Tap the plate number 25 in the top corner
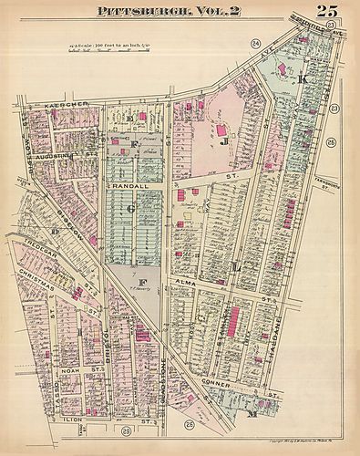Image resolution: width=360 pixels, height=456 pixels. click(x=328, y=12)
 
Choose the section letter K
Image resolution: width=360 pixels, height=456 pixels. click(x=302, y=80)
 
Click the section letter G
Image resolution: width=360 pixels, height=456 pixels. click(x=131, y=209)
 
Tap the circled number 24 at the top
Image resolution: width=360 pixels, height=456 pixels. click(x=257, y=43)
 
